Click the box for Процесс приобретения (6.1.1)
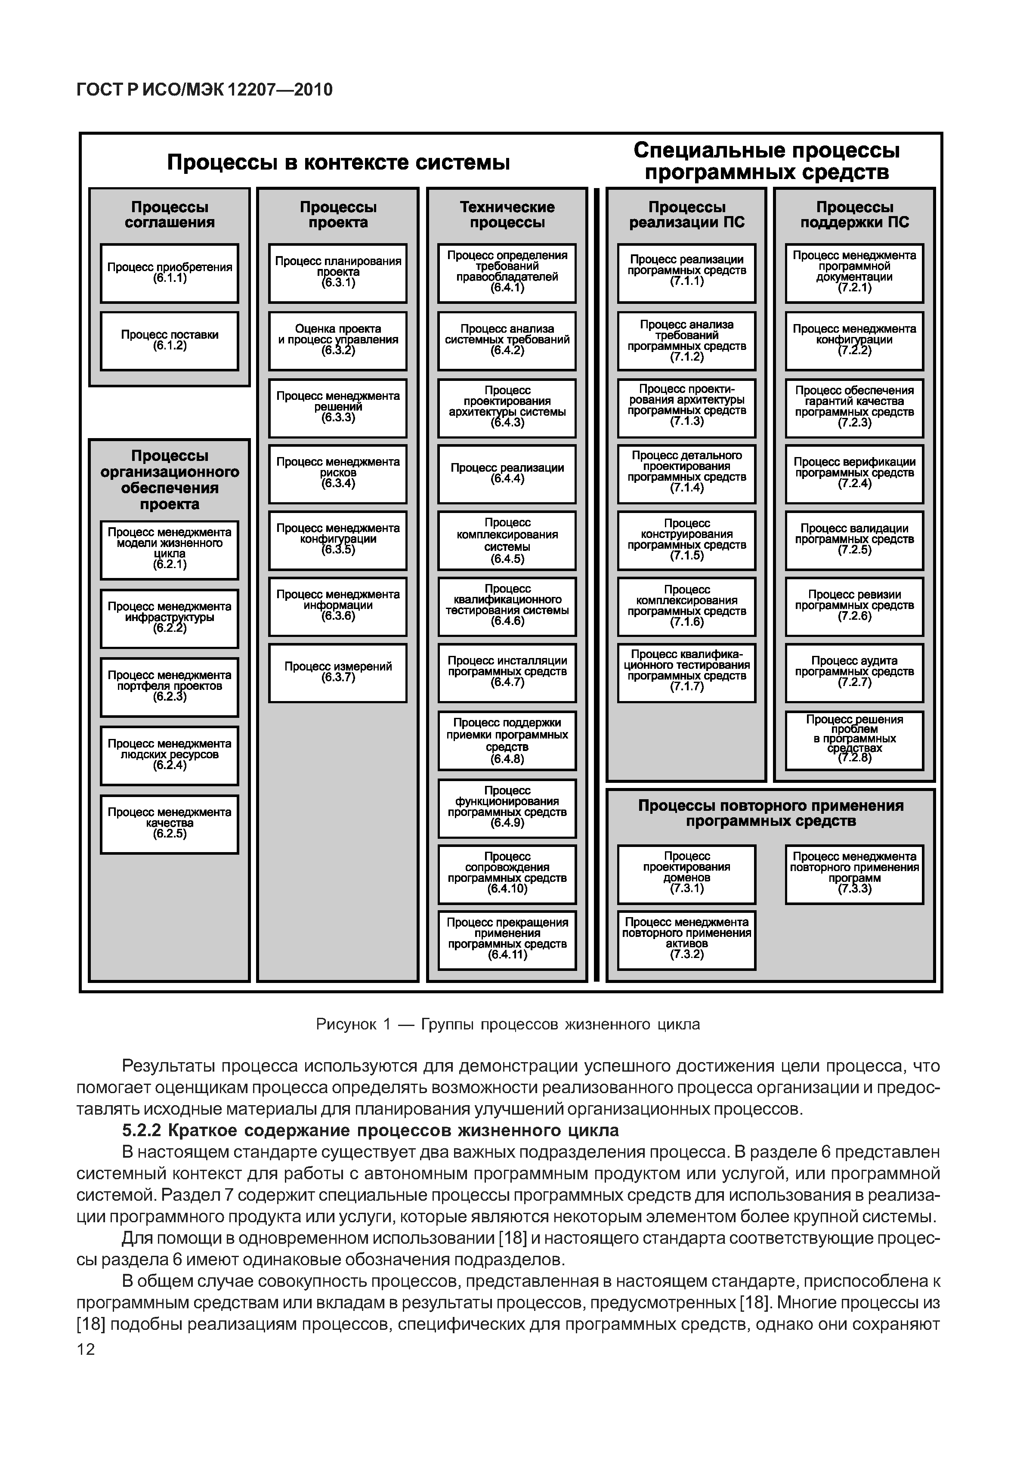[x=170, y=273]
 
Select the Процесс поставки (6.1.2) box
[x=170, y=341]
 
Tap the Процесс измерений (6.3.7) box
[x=338, y=673]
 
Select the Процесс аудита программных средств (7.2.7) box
[x=854, y=673]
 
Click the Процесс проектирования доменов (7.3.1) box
[x=686, y=874]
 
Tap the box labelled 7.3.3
[x=854, y=874]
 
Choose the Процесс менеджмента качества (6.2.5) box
[x=170, y=824]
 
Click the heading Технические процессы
[x=507, y=215]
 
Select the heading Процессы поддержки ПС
[x=854, y=215]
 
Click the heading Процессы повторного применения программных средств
[x=770, y=813]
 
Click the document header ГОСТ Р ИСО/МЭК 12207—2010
[x=204, y=90]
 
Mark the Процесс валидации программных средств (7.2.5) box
[x=854, y=540]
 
